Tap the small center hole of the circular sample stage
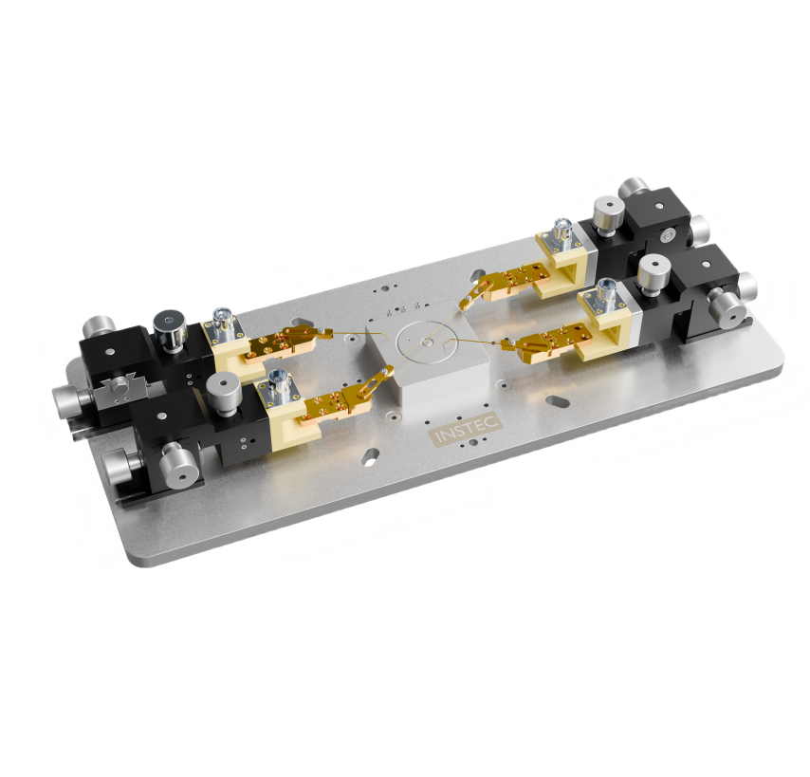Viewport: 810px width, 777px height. point(425,342)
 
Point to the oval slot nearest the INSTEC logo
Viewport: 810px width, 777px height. point(371,456)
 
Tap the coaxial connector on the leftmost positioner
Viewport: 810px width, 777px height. point(223,325)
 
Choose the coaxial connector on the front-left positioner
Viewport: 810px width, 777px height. point(281,385)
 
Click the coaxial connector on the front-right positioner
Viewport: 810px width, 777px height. point(605,295)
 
